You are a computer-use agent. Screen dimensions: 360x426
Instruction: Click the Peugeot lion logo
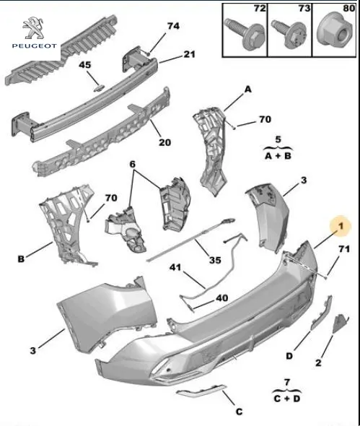33,27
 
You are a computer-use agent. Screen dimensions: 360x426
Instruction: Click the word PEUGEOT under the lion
35,46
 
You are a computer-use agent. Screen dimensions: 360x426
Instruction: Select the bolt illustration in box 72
245,33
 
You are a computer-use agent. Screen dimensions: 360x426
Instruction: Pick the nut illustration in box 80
335,31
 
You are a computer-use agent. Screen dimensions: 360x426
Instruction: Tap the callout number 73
304,9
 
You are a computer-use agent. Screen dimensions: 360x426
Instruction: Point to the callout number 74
173,26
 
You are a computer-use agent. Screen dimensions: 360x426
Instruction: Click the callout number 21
190,54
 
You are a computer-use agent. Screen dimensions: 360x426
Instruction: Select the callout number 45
85,65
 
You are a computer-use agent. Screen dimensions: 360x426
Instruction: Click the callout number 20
164,142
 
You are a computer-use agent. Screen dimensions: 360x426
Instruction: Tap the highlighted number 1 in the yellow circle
341,226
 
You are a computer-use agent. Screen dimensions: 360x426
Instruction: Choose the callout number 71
344,249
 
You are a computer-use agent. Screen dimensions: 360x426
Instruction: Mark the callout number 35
215,260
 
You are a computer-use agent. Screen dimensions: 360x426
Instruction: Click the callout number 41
175,267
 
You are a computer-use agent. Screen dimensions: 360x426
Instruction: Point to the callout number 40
221,298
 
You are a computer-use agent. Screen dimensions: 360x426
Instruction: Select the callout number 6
133,164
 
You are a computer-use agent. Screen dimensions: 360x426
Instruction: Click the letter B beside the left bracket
21,259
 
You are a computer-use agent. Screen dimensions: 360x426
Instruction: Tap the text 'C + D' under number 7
287,399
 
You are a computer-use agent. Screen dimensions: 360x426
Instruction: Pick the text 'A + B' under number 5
278,156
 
